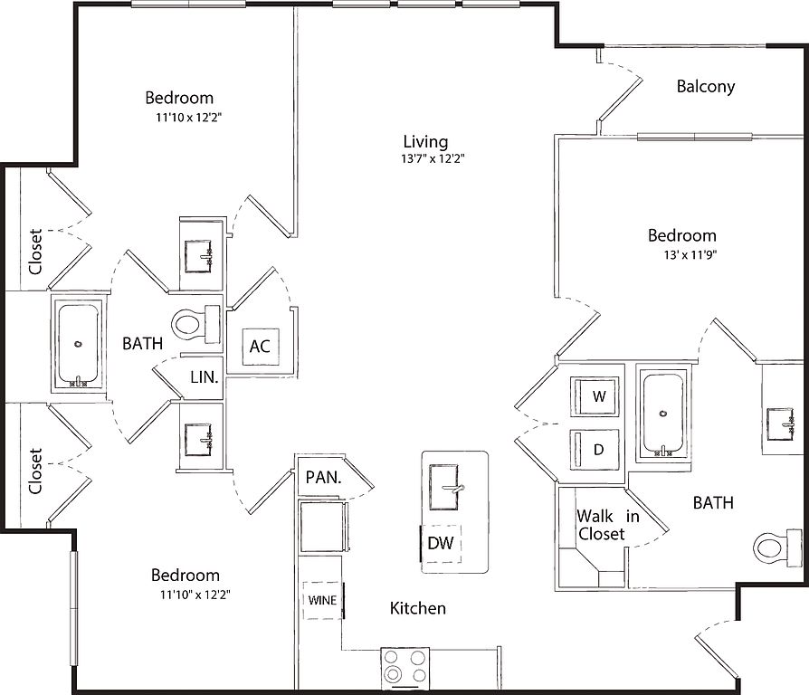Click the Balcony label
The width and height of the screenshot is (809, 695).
point(705,86)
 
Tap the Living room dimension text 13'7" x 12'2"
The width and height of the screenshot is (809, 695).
point(433,158)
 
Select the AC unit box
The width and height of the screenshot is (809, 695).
point(261,346)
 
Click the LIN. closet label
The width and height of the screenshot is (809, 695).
point(205,377)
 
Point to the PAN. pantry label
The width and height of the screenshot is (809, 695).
point(323,477)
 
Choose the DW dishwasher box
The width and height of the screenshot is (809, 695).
point(441,543)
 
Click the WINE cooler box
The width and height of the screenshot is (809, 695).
point(322,600)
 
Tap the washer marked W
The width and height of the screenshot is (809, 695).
point(595,396)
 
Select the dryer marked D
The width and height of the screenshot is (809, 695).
point(595,450)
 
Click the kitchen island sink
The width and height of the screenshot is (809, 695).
point(444,487)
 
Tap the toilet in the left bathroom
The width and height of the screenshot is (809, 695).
point(196,325)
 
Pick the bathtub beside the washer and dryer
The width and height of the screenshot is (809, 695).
point(663,413)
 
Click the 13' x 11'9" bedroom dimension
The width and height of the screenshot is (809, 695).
point(690,254)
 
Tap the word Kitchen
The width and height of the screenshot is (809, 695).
point(418,608)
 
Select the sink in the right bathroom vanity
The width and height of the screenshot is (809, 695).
point(780,424)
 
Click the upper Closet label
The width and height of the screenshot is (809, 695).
point(35,252)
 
